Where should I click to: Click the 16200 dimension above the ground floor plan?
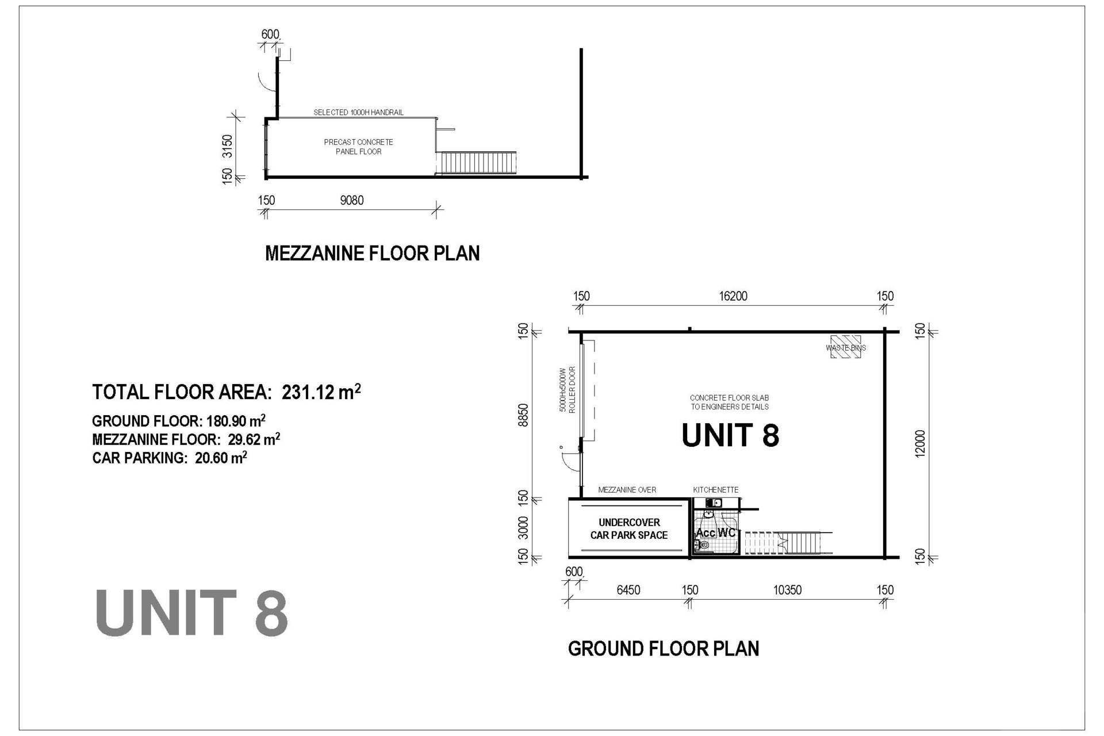pyautogui.click(x=733, y=296)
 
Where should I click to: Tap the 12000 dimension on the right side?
pyautogui.click(x=921, y=443)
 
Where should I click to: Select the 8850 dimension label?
pyautogui.click(x=523, y=415)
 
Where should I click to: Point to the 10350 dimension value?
pyautogui.click(x=787, y=590)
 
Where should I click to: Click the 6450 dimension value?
pyautogui.click(x=628, y=590)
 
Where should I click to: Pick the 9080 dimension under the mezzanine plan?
pyautogui.click(x=352, y=200)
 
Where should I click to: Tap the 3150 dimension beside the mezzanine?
pyautogui.click(x=228, y=146)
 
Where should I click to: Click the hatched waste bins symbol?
pyautogui.click(x=846, y=347)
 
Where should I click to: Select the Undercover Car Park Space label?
pyautogui.click(x=629, y=528)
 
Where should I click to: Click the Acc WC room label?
pyautogui.click(x=716, y=532)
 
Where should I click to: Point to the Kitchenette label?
pyautogui.click(x=716, y=490)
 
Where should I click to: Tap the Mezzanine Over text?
pyautogui.click(x=627, y=490)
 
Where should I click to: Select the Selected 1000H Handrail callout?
pyautogui.click(x=358, y=112)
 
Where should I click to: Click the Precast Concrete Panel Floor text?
pyautogui.click(x=358, y=147)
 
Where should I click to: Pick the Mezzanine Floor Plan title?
pyautogui.click(x=372, y=253)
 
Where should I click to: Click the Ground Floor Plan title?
pyautogui.click(x=664, y=649)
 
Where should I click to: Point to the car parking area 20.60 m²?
pyautogui.click(x=221, y=458)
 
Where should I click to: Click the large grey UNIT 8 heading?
pyautogui.click(x=191, y=613)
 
